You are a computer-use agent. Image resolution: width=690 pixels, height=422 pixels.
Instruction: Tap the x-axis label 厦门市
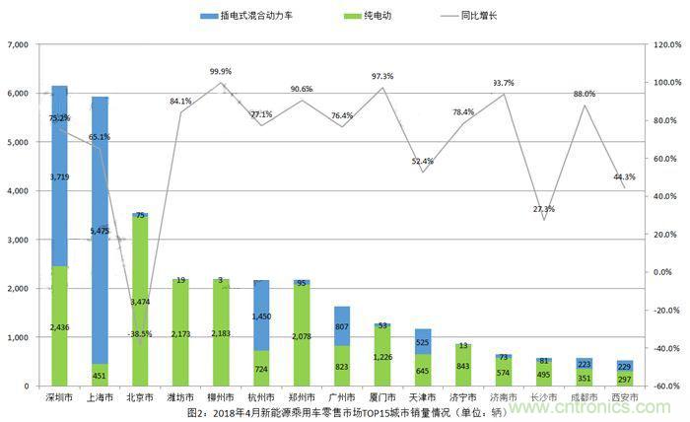click(x=382, y=398)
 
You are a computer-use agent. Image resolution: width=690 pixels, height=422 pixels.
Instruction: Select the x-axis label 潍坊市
click(x=180, y=398)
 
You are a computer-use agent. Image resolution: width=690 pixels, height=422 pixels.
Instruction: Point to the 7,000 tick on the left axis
click(x=22, y=45)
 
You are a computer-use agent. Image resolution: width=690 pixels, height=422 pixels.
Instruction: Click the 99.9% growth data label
click(x=221, y=72)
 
